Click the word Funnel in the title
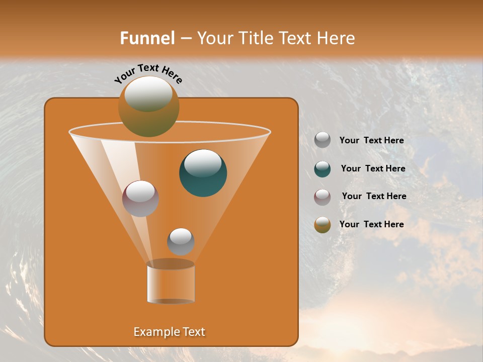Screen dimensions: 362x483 click(147, 38)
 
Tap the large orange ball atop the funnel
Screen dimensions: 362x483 click(148, 106)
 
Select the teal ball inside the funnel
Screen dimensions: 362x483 click(203, 173)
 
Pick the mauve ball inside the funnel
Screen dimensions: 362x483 click(140, 199)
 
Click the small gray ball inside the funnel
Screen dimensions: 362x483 click(181, 242)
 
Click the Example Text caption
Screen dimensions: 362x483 click(169, 332)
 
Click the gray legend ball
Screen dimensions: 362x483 click(323, 140)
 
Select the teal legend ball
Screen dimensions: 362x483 click(323, 169)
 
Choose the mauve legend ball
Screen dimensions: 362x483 click(323, 197)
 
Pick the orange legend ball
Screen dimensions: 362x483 click(323, 225)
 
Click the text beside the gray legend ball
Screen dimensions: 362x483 click(371, 141)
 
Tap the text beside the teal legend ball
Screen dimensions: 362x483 click(373, 169)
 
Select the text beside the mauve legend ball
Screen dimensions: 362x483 click(374, 196)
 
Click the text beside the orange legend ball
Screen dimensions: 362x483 click(371, 224)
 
